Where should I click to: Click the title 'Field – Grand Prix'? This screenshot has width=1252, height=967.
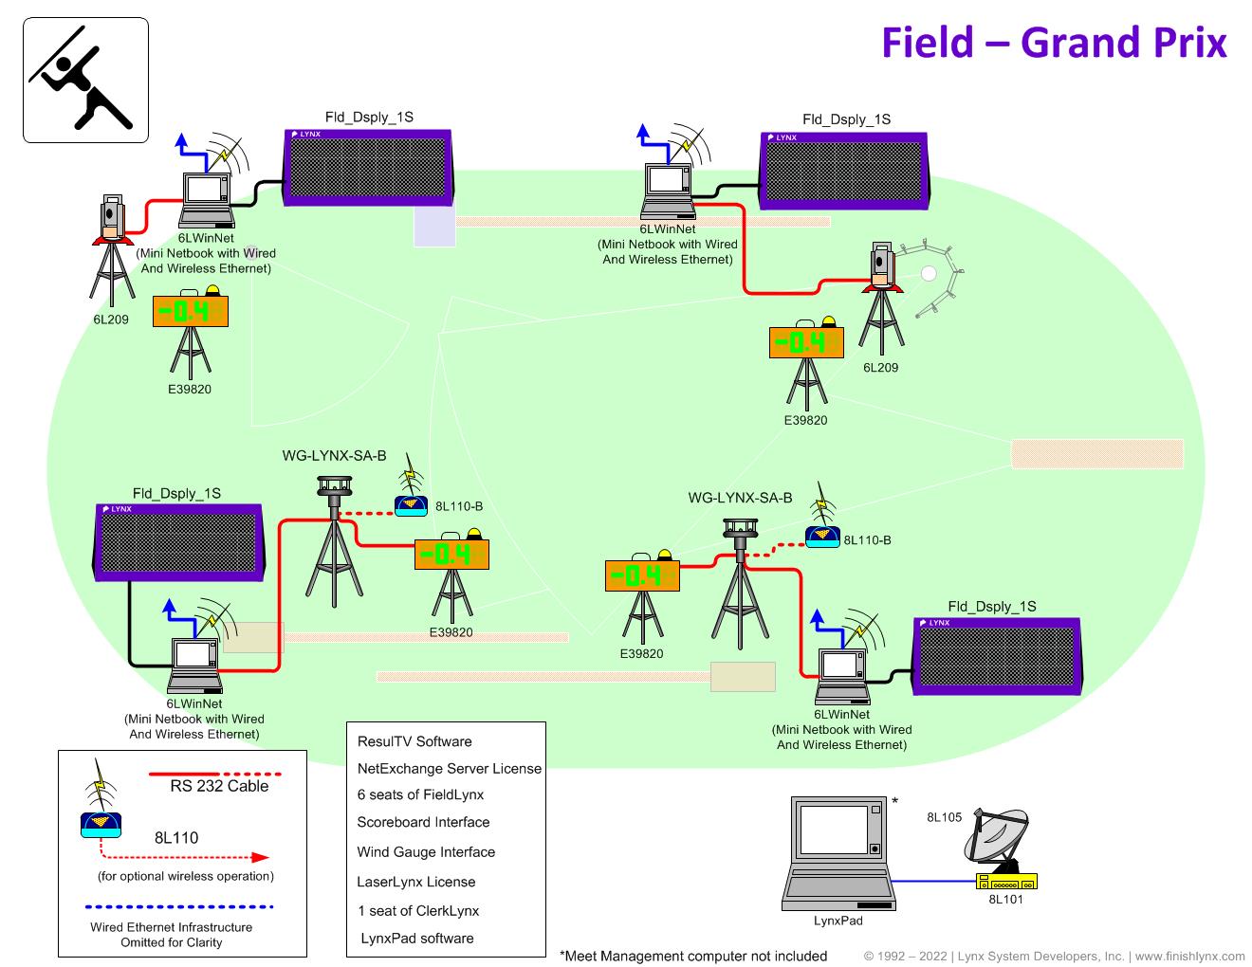click(1054, 43)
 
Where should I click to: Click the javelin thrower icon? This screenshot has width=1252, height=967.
click(85, 81)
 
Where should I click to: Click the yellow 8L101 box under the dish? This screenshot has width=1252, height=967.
click(1006, 882)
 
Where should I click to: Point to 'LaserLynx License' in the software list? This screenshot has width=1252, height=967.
click(416, 882)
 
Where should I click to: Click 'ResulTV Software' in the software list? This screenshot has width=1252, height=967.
click(414, 741)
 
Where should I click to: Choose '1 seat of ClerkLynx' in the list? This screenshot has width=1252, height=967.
click(418, 911)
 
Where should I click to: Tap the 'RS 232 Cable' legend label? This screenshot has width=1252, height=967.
click(219, 786)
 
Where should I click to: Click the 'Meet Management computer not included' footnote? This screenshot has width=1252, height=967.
click(693, 956)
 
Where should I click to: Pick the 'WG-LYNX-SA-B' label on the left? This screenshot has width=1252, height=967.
click(334, 456)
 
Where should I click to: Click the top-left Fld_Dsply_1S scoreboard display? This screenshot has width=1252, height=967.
click(368, 168)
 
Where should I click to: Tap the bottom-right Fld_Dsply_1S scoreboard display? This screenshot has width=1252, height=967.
click(996, 657)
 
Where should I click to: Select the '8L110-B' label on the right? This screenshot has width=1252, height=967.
click(867, 540)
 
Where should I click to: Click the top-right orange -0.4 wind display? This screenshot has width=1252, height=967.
click(806, 342)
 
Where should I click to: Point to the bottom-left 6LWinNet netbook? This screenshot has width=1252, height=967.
click(194, 663)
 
